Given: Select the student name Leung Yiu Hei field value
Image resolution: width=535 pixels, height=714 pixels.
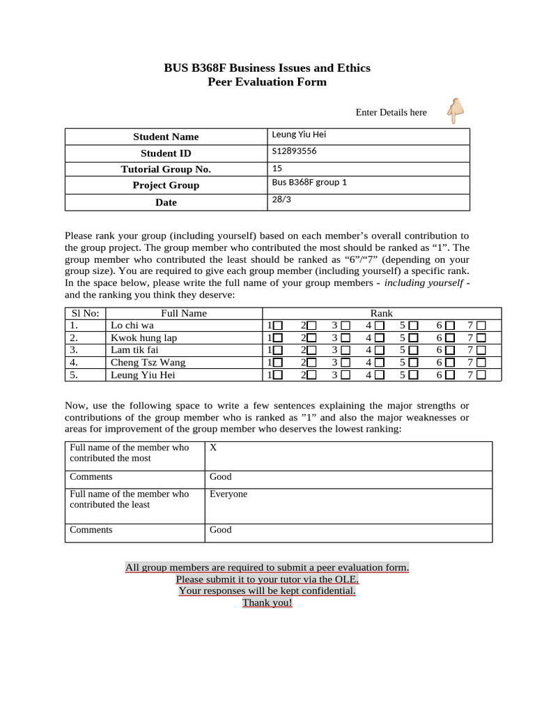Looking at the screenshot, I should pos(299,135).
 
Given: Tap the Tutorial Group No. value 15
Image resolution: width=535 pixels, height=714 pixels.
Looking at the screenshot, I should pos(277,168).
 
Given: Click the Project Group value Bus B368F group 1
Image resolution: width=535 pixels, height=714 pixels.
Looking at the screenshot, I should pos(309,183).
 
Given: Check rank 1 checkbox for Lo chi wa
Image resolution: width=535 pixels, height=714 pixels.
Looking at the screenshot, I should pos(278,326).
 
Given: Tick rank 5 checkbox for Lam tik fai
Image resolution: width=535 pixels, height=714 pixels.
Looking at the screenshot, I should pos(414,350).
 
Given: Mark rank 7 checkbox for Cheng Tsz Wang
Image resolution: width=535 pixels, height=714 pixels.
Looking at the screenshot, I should pos(481,363).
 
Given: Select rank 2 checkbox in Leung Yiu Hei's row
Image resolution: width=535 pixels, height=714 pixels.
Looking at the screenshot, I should pos(311,375).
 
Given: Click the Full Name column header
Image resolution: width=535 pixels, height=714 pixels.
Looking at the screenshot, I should pos(184,313).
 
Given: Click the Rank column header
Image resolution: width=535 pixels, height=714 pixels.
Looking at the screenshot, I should pos(381,313).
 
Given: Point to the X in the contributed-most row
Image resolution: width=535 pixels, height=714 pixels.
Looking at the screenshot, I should pos(213,448).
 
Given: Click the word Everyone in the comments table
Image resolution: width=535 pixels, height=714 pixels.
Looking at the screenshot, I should pos(228,494).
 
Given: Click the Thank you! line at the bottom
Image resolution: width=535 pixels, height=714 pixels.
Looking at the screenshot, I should pos(267,602).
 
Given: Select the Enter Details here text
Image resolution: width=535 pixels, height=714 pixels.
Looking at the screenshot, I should pos(391,112).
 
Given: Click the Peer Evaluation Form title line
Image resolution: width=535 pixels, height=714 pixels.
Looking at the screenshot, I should pos(267,82).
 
